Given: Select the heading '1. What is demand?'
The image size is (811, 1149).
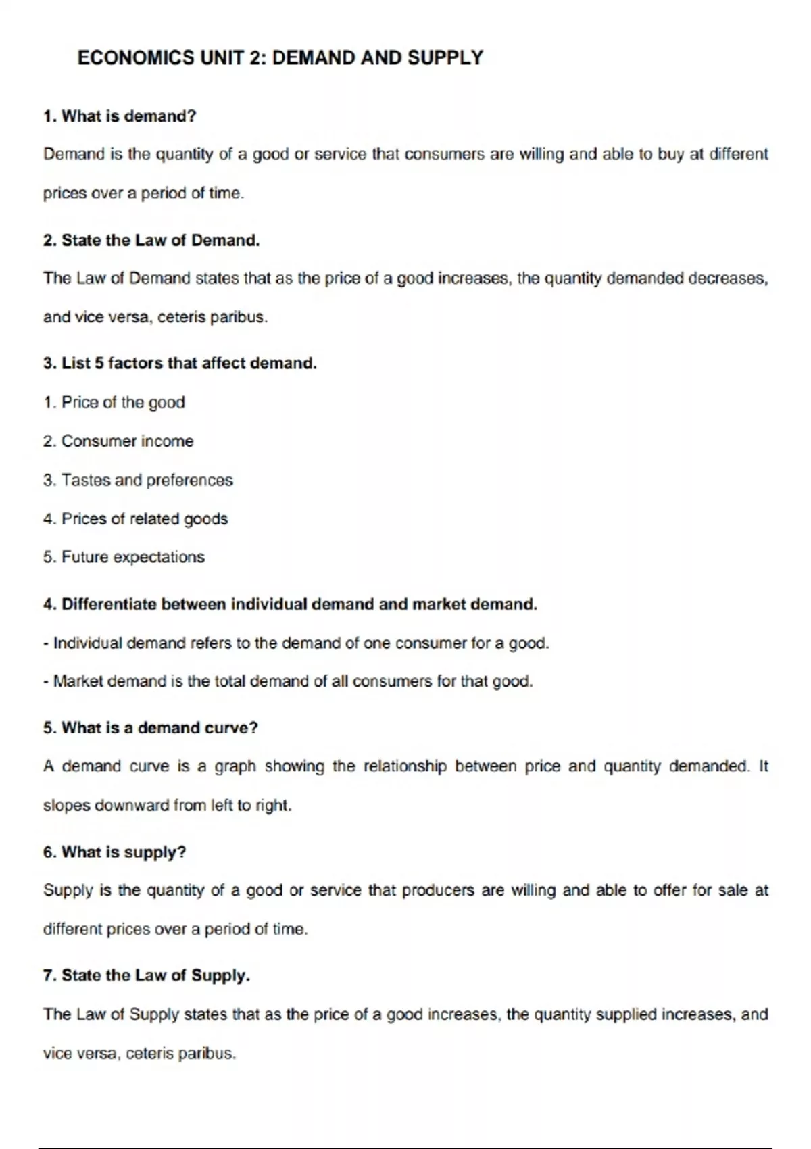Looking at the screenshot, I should pos(120,116).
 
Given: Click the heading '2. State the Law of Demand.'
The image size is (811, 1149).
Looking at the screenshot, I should pos(151,241).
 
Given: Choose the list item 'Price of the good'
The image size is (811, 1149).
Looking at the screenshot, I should pos(123,403).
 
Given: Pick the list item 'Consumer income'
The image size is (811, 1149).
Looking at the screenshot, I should pos(127,441).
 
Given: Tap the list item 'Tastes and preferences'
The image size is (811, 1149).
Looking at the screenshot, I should pos(147,481).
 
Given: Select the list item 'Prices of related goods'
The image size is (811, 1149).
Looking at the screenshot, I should pos(145,519).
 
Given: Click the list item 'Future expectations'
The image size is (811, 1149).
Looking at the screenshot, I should pos(132,558).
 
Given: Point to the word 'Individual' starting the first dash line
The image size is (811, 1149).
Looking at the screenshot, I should pos(87,643).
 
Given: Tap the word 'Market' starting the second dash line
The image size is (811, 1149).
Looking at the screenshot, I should pos(78,681).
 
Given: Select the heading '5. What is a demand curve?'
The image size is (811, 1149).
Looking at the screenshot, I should pos(151,728).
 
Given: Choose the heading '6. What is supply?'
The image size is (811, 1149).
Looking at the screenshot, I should pos(114,852).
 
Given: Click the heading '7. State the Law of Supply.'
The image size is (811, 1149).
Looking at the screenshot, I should pos(147,976).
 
